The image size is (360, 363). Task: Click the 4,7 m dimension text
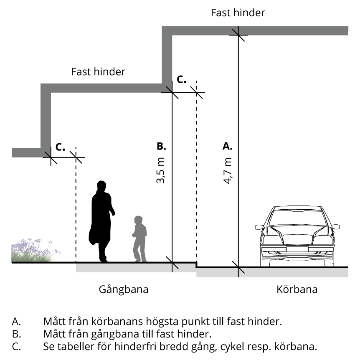coord(228,171)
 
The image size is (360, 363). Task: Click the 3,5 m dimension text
coord(161,171)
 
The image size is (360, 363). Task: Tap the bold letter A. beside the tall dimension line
coord(227,146)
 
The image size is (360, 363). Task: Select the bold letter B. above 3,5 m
coord(161,146)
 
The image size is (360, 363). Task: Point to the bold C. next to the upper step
coord(182,80)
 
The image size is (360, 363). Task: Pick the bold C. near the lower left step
coord(61,147)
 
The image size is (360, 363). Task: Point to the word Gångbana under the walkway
coord(124,289)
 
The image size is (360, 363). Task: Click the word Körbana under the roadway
coord(297,289)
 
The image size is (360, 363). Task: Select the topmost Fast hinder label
coord(238,13)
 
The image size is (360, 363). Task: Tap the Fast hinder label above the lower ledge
coord(98,72)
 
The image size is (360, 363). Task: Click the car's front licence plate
coord(298,249)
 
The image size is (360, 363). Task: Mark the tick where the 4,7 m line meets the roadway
coord(238,267)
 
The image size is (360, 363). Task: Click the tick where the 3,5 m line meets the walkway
coord(172,262)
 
